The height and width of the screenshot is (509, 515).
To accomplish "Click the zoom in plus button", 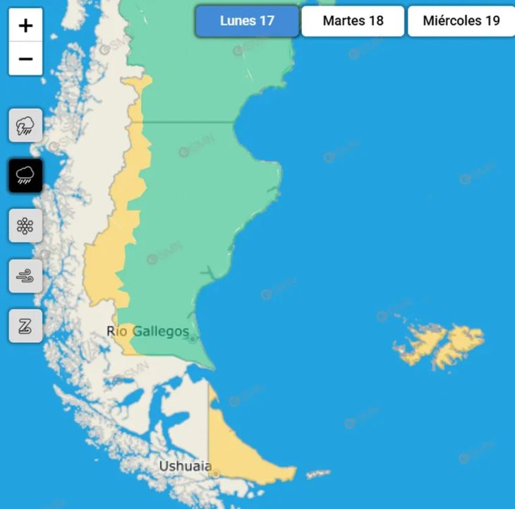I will point(26,26).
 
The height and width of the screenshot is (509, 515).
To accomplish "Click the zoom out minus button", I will point(26,59).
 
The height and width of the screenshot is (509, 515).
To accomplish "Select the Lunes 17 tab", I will point(247,21).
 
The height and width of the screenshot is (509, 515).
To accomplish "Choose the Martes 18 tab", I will point(353,21).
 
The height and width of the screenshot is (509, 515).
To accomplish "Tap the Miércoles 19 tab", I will point(461,21).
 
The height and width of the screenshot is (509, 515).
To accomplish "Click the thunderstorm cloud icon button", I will point(25,126).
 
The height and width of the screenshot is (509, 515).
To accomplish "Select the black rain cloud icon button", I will point(25,175).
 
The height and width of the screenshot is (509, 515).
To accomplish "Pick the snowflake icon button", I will point(25,226).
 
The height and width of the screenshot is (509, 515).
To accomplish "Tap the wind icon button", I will point(25,276).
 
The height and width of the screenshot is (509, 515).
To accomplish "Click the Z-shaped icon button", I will point(25,326).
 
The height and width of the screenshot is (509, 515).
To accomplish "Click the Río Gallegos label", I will point(147,331).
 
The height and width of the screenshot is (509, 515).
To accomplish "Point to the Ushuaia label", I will point(185,466).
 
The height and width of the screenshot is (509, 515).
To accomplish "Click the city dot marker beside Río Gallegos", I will point(192,339).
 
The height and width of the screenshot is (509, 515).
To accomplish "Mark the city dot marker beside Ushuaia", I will point(214,473).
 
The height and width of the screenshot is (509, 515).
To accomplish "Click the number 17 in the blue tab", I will point(266,21).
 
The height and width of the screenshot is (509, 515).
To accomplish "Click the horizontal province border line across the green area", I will point(190,122).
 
